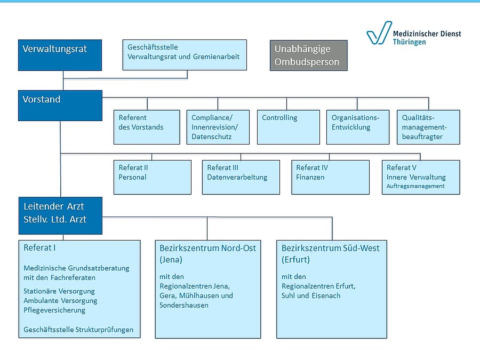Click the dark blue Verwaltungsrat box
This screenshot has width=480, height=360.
(60, 55)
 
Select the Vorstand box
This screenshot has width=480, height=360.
(60, 105)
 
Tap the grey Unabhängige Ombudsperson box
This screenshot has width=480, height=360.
(309, 55)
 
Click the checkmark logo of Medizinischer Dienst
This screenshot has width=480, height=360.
(379, 33)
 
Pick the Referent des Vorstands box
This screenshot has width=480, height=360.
(147, 127)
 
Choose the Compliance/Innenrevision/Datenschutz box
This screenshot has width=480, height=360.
(218, 127)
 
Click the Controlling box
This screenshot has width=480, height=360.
(289, 127)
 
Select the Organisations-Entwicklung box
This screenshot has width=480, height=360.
(358, 127)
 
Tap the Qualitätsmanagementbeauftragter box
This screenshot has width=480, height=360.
(429, 127)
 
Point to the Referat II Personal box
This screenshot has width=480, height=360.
(153, 177)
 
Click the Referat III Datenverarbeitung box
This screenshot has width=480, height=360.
(241, 177)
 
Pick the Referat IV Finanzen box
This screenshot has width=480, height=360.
(330, 177)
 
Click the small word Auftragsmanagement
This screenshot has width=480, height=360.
(415, 186)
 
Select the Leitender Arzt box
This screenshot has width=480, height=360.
(61, 216)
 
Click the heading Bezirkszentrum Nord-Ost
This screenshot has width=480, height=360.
(207, 248)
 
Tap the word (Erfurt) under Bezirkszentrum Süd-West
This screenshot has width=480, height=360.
(295, 260)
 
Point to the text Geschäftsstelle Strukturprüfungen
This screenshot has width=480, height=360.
(78, 330)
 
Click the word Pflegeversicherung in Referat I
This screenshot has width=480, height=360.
(54, 310)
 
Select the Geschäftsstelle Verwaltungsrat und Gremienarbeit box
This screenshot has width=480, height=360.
(185, 55)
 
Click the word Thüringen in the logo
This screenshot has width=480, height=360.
(409, 42)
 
